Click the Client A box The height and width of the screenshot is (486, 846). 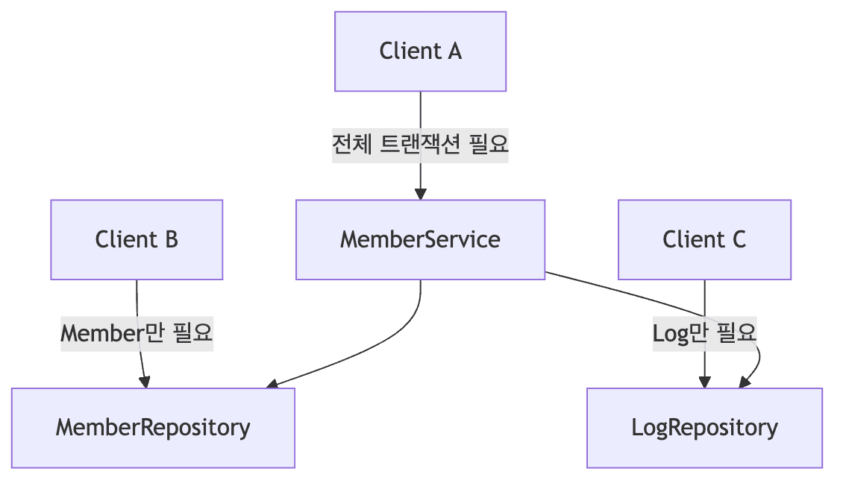pos(420,51)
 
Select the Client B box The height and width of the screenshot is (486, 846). pos(137,239)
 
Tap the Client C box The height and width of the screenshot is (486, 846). pos(704,239)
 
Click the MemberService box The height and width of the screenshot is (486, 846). pos(420,239)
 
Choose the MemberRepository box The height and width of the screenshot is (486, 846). pos(153,428)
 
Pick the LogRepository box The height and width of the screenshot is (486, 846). pos(704,428)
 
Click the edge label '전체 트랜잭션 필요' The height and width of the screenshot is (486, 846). pos(420,146)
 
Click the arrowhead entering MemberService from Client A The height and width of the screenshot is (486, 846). pos(420,194)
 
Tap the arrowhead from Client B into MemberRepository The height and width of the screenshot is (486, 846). pos(145,382)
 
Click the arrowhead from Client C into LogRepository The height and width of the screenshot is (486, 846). pos(704,382)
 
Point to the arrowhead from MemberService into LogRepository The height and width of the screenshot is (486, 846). pos(745,382)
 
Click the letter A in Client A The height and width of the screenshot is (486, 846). pos(454,51)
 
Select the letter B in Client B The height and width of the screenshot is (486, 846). pos(170,239)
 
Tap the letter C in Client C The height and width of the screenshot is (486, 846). pos(738,239)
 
